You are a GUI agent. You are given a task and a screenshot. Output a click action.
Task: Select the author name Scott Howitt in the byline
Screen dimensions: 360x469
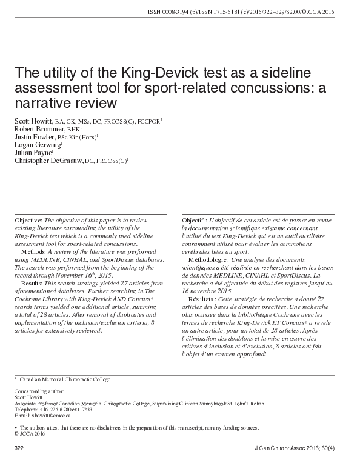point(35,121)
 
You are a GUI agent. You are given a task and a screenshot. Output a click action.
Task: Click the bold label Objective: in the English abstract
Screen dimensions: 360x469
point(28,219)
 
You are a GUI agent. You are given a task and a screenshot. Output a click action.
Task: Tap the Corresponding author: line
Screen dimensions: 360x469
point(38,392)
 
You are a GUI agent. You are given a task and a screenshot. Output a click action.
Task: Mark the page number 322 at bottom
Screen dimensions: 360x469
point(18,448)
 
